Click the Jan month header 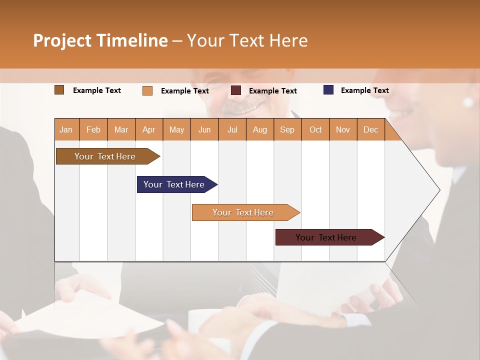click(x=66, y=129)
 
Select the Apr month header click(x=149, y=129)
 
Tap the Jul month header click(x=232, y=129)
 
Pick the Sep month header click(x=287, y=129)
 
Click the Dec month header click(x=370, y=129)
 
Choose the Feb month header click(x=93, y=129)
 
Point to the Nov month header click(x=343, y=129)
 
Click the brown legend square click(x=59, y=90)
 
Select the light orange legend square click(x=147, y=90)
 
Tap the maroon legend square click(x=236, y=90)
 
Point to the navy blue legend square click(x=328, y=90)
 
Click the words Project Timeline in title click(x=100, y=40)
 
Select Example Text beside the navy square click(x=364, y=90)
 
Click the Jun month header click(x=204, y=129)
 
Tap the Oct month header click(x=315, y=129)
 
